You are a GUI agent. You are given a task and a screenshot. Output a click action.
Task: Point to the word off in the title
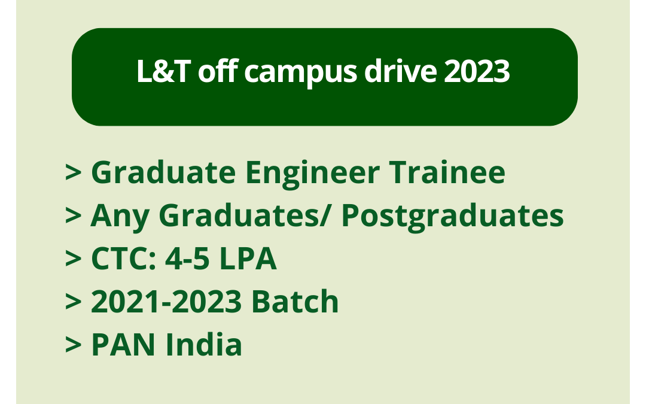coord(214,73)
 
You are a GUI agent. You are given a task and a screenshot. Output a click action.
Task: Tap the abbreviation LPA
coord(249,259)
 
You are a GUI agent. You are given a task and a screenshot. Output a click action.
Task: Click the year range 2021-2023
coord(166,302)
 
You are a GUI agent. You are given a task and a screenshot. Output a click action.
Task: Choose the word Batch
coord(295,302)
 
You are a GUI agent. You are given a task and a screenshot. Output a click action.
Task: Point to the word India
coord(203,345)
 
